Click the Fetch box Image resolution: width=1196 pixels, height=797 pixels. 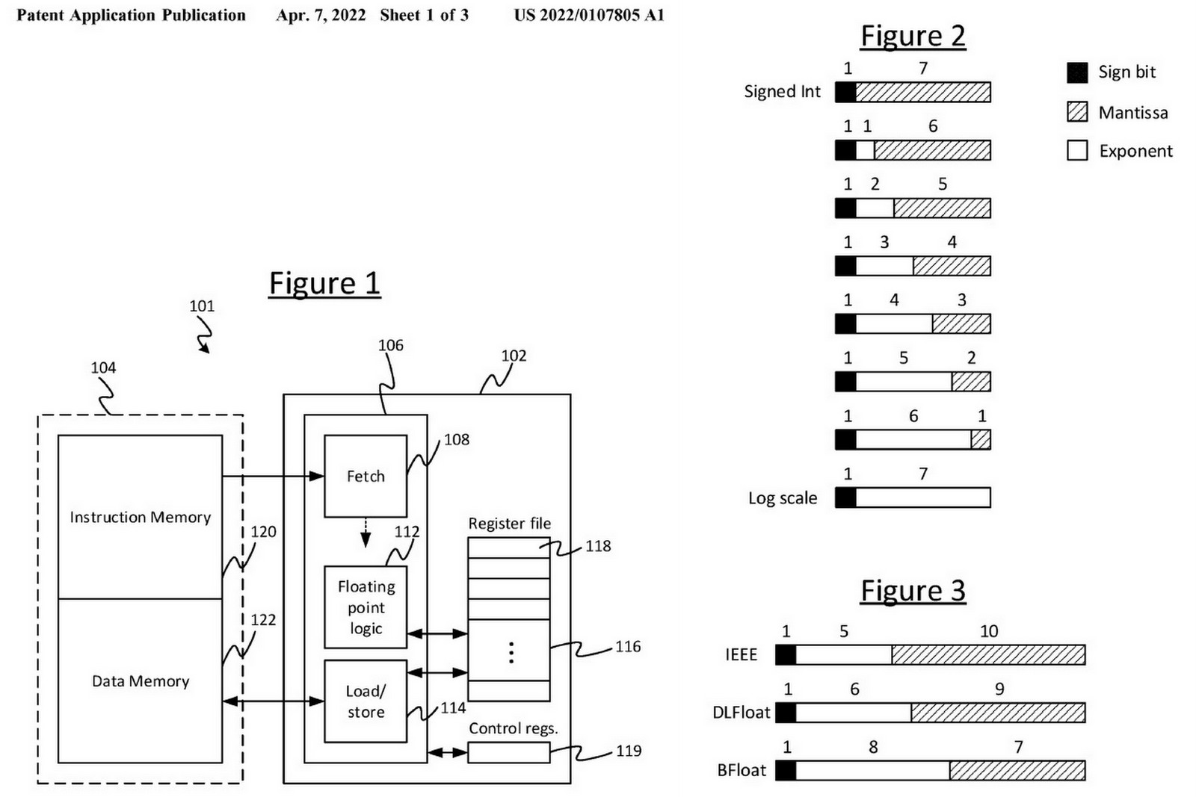(x=365, y=476)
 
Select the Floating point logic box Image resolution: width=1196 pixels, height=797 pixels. (x=366, y=607)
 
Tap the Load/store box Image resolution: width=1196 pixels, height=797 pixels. (x=366, y=701)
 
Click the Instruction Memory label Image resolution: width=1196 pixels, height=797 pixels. (x=140, y=517)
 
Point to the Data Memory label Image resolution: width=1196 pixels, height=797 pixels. (x=140, y=680)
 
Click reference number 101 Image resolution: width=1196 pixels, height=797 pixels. (x=202, y=306)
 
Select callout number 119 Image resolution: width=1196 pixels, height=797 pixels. (x=628, y=751)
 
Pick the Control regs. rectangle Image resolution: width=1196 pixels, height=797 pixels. (x=508, y=752)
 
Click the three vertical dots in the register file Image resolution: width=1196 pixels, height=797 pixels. (x=511, y=652)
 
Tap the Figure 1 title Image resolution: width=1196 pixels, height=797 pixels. (x=324, y=284)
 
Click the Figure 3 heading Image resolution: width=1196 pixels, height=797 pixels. (x=913, y=591)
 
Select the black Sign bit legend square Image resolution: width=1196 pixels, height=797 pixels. (x=1077, y=72)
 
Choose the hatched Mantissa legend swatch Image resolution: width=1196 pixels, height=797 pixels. (x=1077, y=112)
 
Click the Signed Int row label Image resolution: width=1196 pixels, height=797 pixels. (x=782, y=92)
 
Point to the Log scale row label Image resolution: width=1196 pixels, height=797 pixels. (x=783, y=498)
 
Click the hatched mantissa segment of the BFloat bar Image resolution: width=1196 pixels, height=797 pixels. (x=1017, y=770)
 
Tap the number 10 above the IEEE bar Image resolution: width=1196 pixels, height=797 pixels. (x=988, y=631)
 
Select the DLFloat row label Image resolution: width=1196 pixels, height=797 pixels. (x=741, y=713)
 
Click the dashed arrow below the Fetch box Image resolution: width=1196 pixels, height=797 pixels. (x=366, y=533)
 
